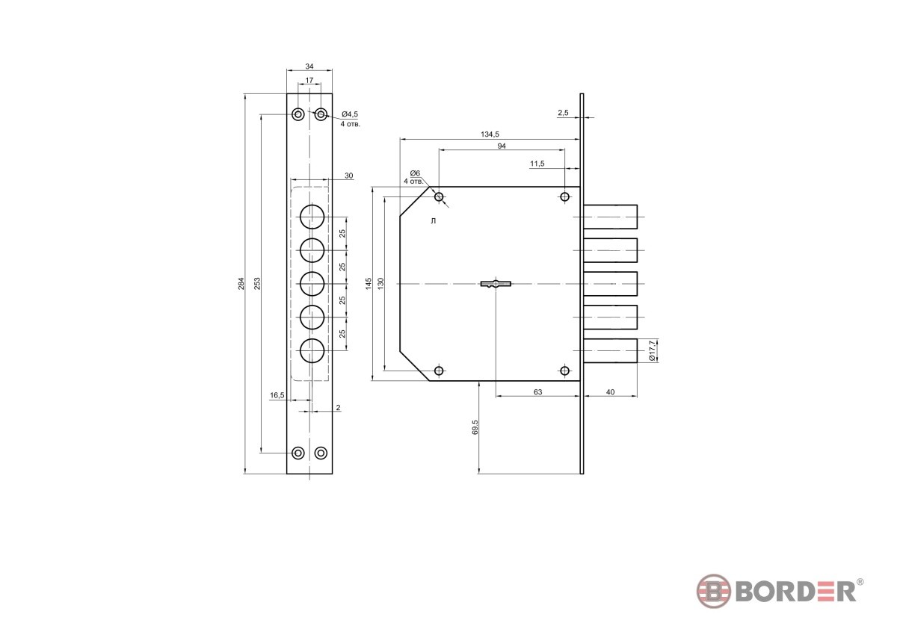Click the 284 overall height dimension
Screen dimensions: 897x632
(x=241, y=283)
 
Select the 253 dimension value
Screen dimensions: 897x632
(x=257, y=283)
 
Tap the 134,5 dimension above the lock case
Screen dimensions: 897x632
(x=490, y=134)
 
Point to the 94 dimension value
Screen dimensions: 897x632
(x=502, y=146)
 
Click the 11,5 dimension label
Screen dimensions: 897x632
(x=537, y=164)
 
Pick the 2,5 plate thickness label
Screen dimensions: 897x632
(x=563, y=113)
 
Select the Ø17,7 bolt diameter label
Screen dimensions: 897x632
(x=652, y=350)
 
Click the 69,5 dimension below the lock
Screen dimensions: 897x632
(x=475, y=427)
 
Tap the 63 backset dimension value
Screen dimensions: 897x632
(x=537, y=392)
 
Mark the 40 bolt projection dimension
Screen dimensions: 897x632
(x=610, y=392)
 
